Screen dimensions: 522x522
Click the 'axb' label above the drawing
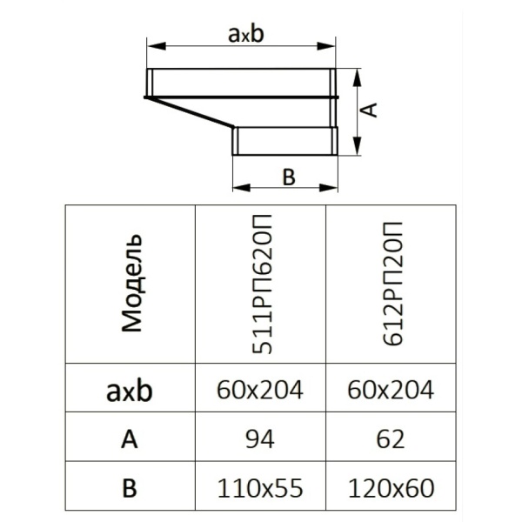tap(246, 34)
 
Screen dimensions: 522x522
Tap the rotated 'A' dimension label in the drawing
tap(369, 110)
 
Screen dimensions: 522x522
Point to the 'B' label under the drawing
tap(289, 177)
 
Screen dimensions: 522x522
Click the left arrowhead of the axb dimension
tap(156, 46)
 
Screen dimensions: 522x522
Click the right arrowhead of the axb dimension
tap(326, 46)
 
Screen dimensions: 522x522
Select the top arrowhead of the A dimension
tap(358, 78)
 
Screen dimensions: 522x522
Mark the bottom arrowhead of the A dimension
tap(358, 146)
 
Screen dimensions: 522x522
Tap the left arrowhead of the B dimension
tap(241, 188)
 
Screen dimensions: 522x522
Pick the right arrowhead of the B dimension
tap(329, 188)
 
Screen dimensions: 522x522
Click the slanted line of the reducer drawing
tap(191, 112)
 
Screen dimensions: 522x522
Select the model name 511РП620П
tap(263, 284)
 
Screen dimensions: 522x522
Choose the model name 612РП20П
tap(393, 284)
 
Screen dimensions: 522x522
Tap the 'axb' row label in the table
tap(130, 390)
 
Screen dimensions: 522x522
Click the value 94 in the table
tap(260, 439)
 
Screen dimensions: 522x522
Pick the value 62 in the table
tap(391, 439)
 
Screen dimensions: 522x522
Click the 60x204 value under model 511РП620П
tap(260, 390)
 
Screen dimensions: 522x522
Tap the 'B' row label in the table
tap(130, 488)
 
